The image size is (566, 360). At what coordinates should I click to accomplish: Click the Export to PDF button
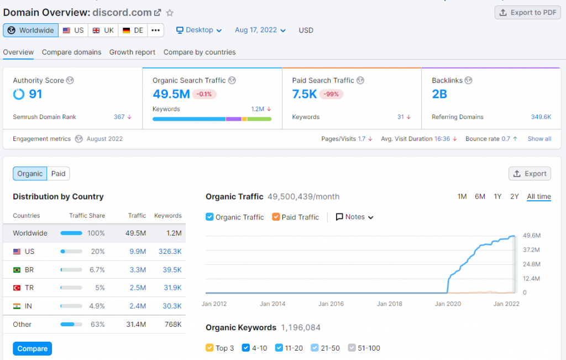(x=527, y=13)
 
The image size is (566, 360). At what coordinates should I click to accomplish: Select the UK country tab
(x=103, y=30)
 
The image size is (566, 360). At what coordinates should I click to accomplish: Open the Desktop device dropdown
(x=199, y=30)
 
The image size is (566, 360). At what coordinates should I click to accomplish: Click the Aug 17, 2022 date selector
(x=260, y=30)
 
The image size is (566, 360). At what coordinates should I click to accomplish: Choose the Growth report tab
(x=132, y=52)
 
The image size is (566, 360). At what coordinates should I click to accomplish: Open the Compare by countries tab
(x=200, y=52)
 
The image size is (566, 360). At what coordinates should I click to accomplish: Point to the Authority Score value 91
(x=35, y=94)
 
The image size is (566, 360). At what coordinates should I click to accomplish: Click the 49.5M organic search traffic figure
(x=171, y=94)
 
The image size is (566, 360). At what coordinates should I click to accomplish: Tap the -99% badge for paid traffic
(x=332, y=94)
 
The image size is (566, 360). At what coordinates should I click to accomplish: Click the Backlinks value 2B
(x=439, y=94)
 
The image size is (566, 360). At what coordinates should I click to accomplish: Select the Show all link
(x=539, y=139)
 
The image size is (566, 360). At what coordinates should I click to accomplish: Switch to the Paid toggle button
(x=58, y=174)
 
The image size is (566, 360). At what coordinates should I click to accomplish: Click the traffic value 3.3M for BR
(x=138, y=269)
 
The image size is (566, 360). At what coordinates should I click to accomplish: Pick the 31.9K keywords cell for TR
(x=172, y=288)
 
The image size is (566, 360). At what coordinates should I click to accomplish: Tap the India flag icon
(x=17, y=306)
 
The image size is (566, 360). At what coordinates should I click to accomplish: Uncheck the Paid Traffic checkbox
(x=276, y=217)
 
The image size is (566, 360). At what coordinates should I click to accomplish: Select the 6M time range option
(x=480, y=196)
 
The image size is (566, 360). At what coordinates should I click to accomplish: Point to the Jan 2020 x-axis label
(x=448, y=304)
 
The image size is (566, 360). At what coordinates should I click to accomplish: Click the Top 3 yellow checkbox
(x=209, y=348)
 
